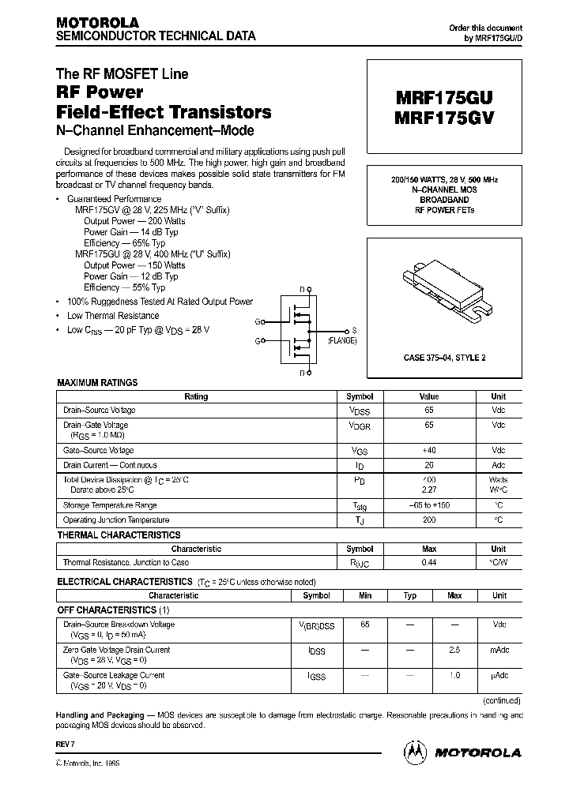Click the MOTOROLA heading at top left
[x=96, y=22]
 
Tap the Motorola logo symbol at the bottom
[x=416, y=752]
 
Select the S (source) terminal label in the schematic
[x=354, y=330]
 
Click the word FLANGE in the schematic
[x=342, y=340]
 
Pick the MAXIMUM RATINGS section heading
[x=97, y=383]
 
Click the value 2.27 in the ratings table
[x=429, y=490]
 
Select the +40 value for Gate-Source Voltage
[x=429, y=450]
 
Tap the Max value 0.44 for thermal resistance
[x=429, y=563]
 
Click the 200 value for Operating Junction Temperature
[x=429, y=520]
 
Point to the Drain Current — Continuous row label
[x=110, y=466]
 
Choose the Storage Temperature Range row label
[x=110, y=505]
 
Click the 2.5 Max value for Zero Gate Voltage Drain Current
[x=454, y=651]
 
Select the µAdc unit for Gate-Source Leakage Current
[x=499, y=676]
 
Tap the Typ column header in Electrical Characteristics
[x=410, y=596]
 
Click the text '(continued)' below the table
[x=501, y=700]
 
